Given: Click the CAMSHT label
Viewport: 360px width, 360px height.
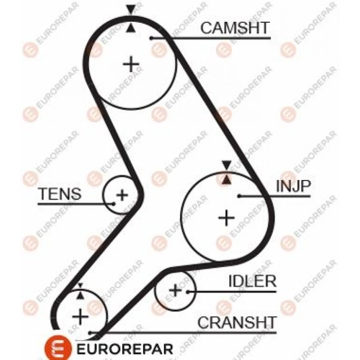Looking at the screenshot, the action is pyautogui.click(x=234, y=28).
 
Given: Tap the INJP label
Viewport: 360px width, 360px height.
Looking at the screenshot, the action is pyautogui.click(x=293, y=186).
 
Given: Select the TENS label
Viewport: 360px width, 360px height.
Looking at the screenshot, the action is pyautogui.click(x=60, y=194).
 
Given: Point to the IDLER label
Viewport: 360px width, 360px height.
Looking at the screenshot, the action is pyautogui.click(x=252, y=281).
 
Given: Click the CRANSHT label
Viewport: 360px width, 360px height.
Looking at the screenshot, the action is pyautogui.click(x=236, y=322).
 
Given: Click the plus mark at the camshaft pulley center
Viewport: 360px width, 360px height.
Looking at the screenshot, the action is pyautogui.click(x=131, y=64).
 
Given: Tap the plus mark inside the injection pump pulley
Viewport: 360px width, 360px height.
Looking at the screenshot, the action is pyautogui.click(x=226, y=218).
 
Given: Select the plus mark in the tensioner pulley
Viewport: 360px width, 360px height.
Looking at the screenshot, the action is pyautogui.click(x=122, y=195).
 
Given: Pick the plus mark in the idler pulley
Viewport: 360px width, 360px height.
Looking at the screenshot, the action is pyautogui.click(x=176, y=290).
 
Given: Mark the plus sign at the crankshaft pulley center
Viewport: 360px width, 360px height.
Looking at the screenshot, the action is pyautogui.click(x=80, y=317).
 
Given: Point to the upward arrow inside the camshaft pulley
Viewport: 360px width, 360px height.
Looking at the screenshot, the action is pyautogui.click(x=130, y=28).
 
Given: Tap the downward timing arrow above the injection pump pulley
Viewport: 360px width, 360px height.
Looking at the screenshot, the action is pyautogui.click(x=227, y=165).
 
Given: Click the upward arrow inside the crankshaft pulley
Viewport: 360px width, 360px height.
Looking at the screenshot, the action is pyautogui.click(x=80, y=296).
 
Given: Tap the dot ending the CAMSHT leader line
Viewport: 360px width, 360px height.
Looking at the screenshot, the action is pyautogui.click(x=151, y=38).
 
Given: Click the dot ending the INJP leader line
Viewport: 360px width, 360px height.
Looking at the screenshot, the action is pyautogui.click(x=239, y=196).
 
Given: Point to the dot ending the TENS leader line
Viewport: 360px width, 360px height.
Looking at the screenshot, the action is pyautogui.click(x=113, y=204).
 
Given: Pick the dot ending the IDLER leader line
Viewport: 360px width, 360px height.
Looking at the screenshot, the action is pyautogui.click(x=188, y=292).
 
